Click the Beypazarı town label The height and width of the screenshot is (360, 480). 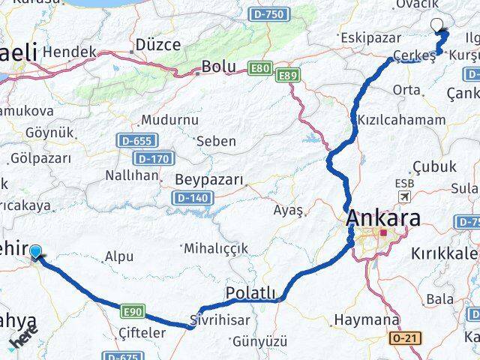pos(209,180)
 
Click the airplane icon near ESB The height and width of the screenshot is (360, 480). pos(405,196)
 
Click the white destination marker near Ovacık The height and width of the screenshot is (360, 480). pos(438,25)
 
